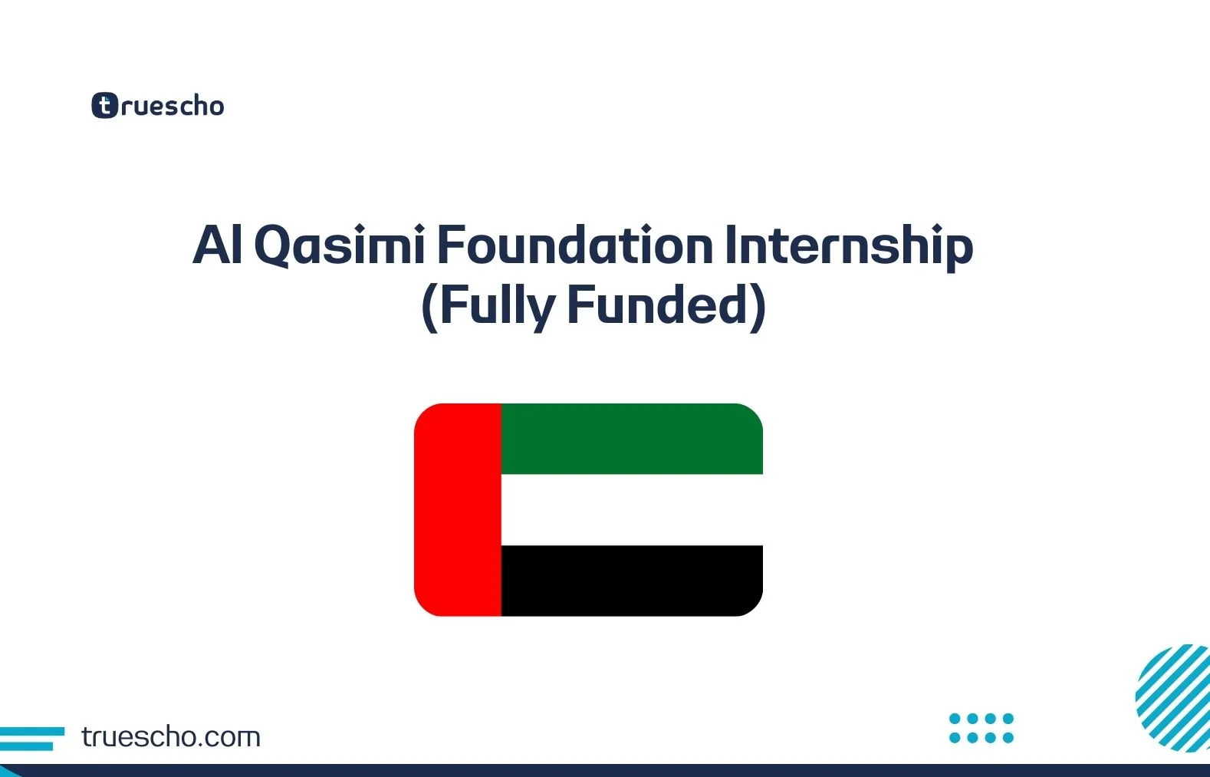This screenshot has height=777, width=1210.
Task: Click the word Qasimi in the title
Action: click(339, 245)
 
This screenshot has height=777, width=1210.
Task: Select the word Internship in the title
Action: click(848, 245)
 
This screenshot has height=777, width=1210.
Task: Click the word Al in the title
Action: click(218, 245)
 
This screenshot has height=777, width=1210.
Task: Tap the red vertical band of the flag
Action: click(458, 509)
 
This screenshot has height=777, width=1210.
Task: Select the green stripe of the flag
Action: click(631, 439)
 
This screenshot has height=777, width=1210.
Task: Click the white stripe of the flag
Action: click(631, 509)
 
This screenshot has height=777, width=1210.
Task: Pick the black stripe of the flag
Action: click(631, 581)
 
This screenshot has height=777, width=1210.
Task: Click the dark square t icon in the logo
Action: click(105, 106)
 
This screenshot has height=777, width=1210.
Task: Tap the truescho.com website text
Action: click(170, 737)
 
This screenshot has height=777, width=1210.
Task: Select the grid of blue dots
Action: click(981, 728)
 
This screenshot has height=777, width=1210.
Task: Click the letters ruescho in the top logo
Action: click(173, 106)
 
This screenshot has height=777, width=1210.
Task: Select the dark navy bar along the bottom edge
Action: click(605, 770)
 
